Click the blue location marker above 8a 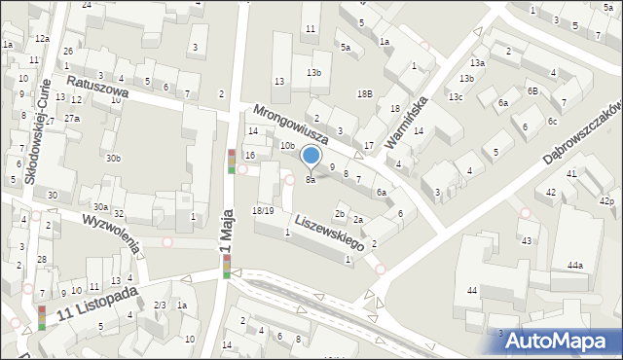(311, 156)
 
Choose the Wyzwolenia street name (113, 234)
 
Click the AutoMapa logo (556, 340)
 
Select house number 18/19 (263, 210)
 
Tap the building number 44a (575, 266)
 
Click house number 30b (114, 159)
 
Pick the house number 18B (364, 94)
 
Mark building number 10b (287, 146)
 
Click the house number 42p (606, 201)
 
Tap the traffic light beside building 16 (231, 162)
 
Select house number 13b (313, 73)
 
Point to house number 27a (72, 118)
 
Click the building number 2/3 (159, 306)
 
